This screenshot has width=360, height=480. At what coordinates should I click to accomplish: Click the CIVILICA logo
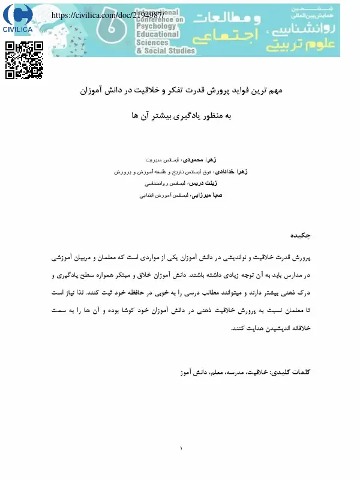click(18, 20)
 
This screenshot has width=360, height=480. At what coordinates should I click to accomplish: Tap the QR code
click(24, 61)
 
